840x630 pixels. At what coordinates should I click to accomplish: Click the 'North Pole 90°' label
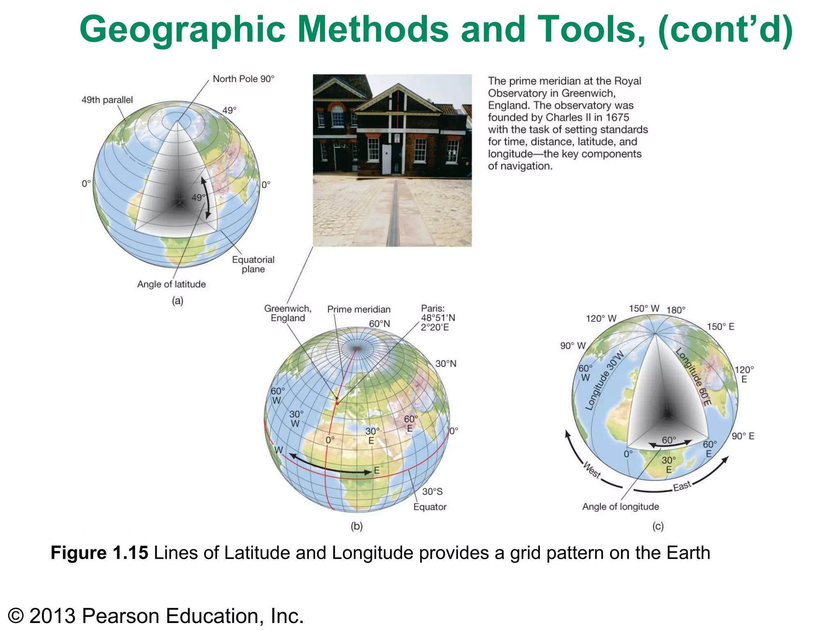(x=243, y=79)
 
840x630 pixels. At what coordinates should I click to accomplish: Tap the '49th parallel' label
(x=107, y=100)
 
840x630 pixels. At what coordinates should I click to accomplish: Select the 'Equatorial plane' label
(x=253, y=265)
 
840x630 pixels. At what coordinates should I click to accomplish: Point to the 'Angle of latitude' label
(x=171, y=284)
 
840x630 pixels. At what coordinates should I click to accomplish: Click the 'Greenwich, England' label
(x=288, y=313)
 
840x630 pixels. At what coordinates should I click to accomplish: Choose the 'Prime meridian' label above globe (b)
(x=358, y=309)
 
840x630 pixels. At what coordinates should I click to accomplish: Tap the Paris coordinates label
(x=438, y=318)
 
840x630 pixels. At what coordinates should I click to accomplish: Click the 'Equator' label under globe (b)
(x=429, y=507)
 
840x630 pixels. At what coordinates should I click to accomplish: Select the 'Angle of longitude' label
(x=621, y=507)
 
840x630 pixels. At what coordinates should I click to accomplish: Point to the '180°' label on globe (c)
(x=676, y=310)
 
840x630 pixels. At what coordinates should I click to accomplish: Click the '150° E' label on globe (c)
(x=720, y=326)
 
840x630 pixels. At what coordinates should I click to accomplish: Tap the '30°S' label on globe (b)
(x=432, y=491)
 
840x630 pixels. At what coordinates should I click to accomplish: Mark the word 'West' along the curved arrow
(x=592, y=470)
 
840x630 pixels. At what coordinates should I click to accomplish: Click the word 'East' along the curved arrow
(x=682, y=486)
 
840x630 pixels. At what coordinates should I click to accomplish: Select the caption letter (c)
(x=658, y=526)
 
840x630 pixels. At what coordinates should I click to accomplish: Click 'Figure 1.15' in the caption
(x=99, y=553)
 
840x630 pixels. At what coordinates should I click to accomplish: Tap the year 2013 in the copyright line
(x=52, y=616)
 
